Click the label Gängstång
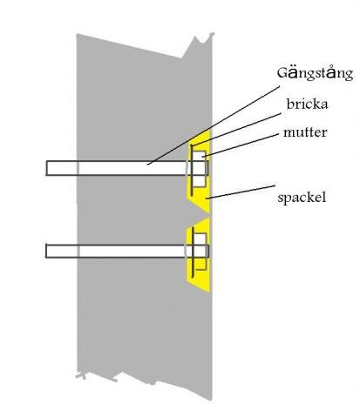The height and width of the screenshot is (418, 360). pos(315,74)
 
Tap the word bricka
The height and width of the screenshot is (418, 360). pos(307,104)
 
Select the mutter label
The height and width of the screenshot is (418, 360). pos(305,132)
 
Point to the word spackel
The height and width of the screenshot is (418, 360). pos(302,198)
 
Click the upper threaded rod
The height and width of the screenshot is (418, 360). pos(127,168)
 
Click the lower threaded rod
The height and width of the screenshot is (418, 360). pos(127,251)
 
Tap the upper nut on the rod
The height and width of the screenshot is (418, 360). pos(200,168)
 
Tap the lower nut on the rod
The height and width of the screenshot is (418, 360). pos(200,251)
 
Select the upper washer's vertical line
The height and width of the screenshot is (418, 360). pos(192,170)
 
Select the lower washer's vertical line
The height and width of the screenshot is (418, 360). pos(193,253)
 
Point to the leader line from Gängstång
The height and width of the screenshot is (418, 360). pos(214,125)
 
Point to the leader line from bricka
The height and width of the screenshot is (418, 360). pos(236,130)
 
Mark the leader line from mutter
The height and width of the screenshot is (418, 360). pos(241,145)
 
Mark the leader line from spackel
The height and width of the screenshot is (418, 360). pos(241,192)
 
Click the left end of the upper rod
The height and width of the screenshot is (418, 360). pos(46,168)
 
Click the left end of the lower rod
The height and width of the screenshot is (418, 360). pos(46,251)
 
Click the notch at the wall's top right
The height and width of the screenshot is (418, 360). pos(203,41)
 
